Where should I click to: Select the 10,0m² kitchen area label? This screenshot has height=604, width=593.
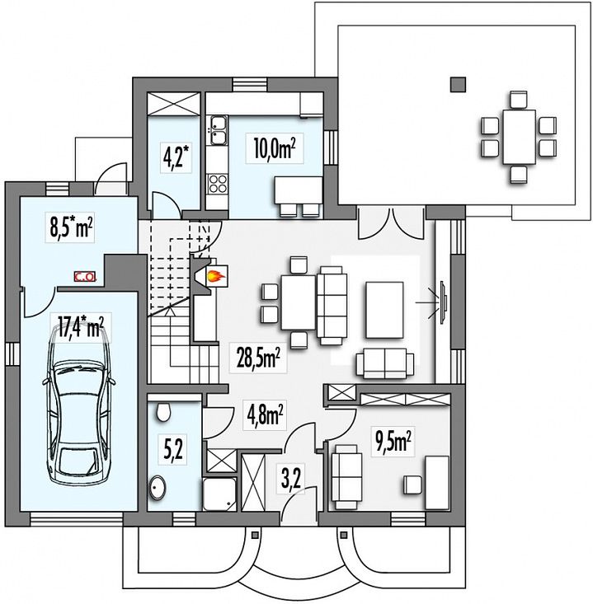click(275, 148)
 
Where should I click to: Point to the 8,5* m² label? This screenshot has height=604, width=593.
click(71, 227)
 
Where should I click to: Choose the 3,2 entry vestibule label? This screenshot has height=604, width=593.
click(290, 479)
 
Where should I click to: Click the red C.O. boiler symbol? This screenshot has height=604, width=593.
click(84, 276)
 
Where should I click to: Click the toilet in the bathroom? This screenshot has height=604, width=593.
click(163, 412)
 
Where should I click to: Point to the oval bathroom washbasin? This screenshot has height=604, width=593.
click(157, 488)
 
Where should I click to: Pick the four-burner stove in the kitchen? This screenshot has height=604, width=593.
click(218, 184)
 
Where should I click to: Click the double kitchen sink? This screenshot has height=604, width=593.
click(218, 130)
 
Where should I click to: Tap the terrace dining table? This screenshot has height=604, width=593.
click(519, 137)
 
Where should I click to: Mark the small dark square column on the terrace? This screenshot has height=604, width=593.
click(458, 84)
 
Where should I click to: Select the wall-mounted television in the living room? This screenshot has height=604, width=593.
click(444, 302)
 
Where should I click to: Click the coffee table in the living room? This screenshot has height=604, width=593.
click(385, 310)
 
